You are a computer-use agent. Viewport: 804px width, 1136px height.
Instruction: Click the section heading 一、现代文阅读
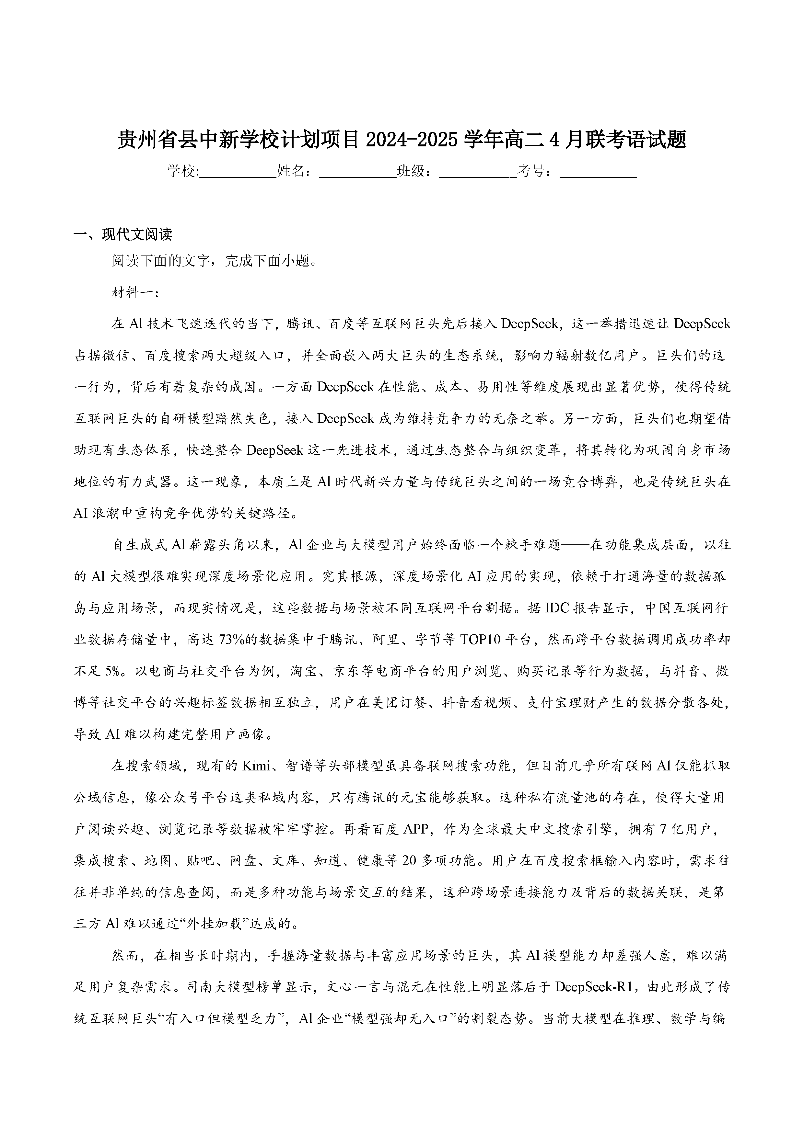pos(123,234)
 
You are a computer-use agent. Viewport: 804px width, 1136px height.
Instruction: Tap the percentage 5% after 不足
pos(112,671)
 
